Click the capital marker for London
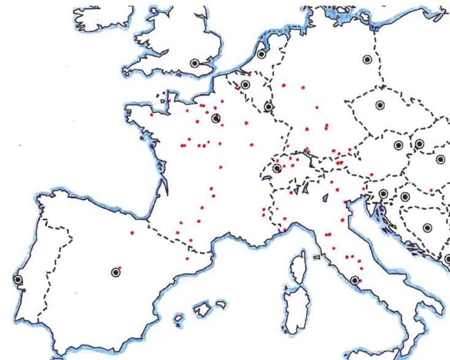click(x=195, y=62)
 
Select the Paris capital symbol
click(x=216, y=118)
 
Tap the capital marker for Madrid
click(x=115, y=272)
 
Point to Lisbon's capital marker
click(x=18, y=280)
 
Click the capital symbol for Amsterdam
click(x=262, y=54)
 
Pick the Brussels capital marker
click(x=246, y=85)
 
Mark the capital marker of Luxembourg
click(x=269, y=107)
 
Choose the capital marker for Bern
click(x=277, y=168)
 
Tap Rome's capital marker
click(x=355, y=281)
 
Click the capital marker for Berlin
click(x=367, y=59)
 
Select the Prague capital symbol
click(x=380, y=105)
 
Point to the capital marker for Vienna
click(x=399, y=145)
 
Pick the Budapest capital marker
click(x=440, y=159)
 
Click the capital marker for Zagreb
click(x=405, y=197)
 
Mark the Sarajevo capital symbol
click(x=427, y=228)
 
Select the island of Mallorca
click(x=202, y=310)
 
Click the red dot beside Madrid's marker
click(x=120, y=267)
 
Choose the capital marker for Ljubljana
click(x=383, y=194)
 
